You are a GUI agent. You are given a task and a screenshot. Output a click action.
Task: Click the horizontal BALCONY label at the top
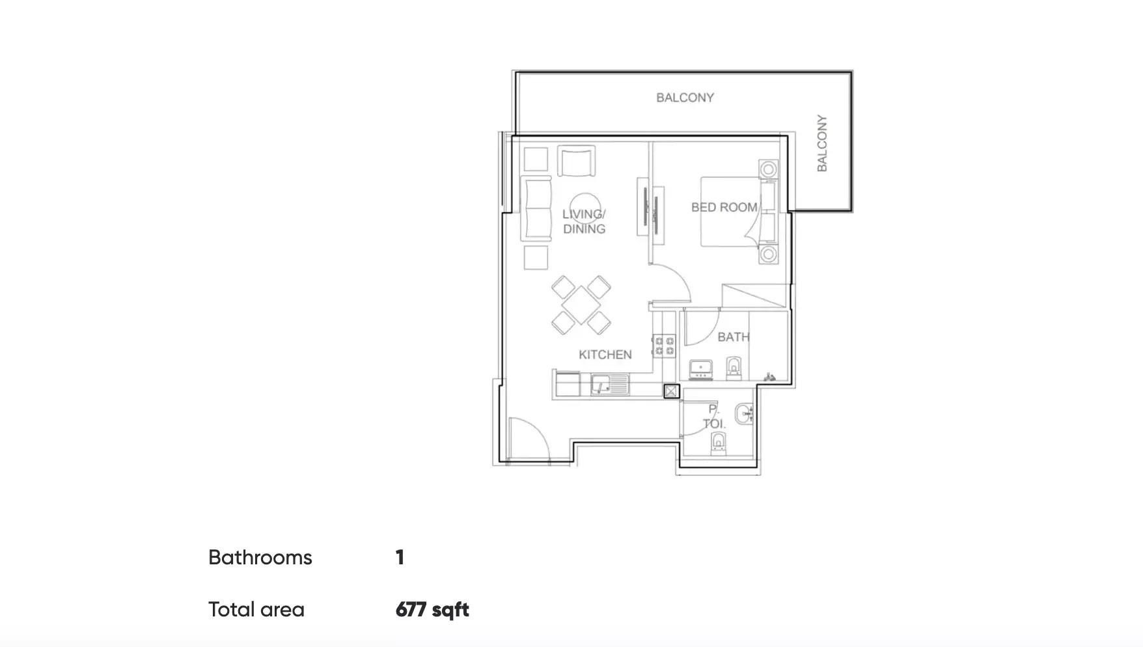[x=685, y=98]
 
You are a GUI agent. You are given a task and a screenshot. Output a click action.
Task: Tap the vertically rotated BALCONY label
[x=822, y=143]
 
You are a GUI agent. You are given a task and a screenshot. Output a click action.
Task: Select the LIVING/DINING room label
[x=584, y=221]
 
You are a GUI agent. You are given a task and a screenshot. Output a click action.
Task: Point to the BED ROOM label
[x=724, y=207]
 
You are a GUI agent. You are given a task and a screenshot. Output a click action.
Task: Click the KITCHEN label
[x=605, y=355]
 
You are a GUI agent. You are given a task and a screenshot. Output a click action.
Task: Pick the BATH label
[x=734, y=337]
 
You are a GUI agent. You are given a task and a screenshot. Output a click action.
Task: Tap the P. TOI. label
[x=714, y=417]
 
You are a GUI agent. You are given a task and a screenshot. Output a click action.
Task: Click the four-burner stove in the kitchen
[x=665, y=345]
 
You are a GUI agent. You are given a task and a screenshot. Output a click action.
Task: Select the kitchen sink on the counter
[x=610, y=385]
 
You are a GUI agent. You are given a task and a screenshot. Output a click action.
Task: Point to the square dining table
[x=581, y=305]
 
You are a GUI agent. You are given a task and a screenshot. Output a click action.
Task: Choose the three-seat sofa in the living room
[x=537, y=209]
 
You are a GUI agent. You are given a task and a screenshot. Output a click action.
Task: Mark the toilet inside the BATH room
[x=734, y=368]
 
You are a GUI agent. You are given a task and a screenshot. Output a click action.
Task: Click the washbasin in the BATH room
[x=701, y=369]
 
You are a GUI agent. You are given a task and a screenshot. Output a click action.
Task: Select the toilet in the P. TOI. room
[x=718, y=443]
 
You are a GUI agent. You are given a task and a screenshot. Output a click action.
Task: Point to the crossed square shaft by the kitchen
[x=671, y=391]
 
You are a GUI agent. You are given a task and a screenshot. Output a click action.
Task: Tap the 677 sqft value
[x=432, y=610]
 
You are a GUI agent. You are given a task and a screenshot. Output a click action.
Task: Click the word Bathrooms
[x=260, y=558]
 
